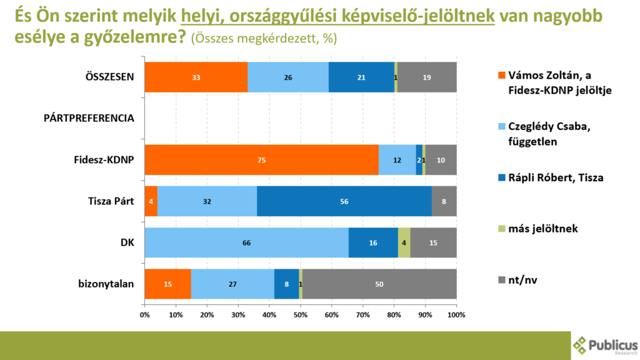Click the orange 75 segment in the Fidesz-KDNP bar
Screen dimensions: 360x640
coord(261,161)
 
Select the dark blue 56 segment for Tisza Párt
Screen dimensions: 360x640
coord(344,201)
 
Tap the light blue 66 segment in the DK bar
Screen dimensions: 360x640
coord(246,242)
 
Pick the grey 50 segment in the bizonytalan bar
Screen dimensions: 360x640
coord(379,284)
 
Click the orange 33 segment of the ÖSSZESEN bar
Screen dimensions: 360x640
coord(196,77)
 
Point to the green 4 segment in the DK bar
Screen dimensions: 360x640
coord(404,242)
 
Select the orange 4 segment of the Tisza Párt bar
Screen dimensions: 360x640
coord(151,201)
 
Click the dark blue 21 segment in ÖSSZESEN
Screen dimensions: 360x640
coord(361,77)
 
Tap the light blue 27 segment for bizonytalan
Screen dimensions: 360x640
coord(232,284)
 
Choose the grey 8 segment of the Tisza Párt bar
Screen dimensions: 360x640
coord(444,201)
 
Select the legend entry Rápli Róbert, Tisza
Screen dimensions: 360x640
coord(550,177)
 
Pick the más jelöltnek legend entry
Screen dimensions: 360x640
coord(541,229)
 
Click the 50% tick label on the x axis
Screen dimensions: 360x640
coord(301,314)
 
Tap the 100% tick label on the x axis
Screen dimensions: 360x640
coord(456,314)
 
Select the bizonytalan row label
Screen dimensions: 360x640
coord(107,284)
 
